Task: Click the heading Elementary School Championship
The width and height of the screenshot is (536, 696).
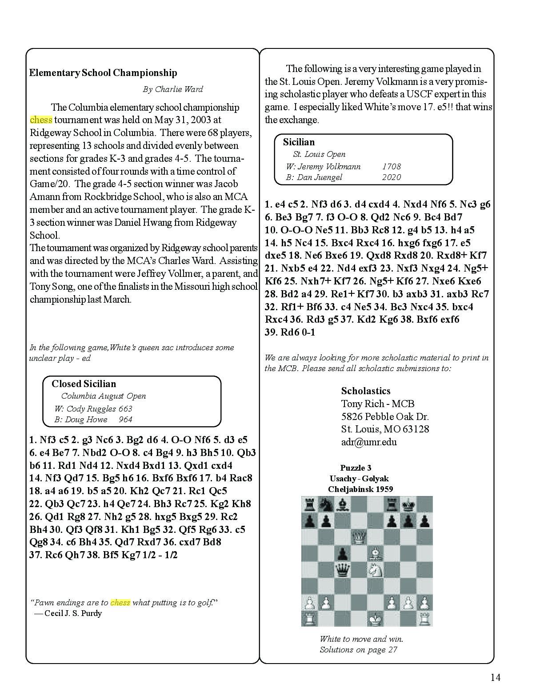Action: [x=103, y=73]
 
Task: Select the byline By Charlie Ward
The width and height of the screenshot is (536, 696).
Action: [x=172, y=89]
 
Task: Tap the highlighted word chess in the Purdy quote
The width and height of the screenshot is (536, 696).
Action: [x=120, y=603]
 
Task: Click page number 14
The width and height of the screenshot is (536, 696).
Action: [x=495, y=677]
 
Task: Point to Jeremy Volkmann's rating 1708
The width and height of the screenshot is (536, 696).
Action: [x=391, y=167]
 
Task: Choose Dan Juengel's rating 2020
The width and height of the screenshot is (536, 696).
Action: [x=391, y=177]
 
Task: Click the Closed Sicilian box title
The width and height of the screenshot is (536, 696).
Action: [x=84, y=384]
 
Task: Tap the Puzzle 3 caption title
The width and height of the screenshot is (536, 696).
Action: [x=356, y=468]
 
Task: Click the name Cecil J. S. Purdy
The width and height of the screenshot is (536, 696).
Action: [x=73, y=613]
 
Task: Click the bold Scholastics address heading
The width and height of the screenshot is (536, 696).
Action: [x=366, y=391]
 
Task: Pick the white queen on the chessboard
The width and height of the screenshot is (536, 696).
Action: [x=358, y=537]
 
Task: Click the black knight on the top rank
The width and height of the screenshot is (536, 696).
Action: [x=325, y=504]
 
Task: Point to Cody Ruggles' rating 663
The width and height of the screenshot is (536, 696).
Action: [x=125, y=409]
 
